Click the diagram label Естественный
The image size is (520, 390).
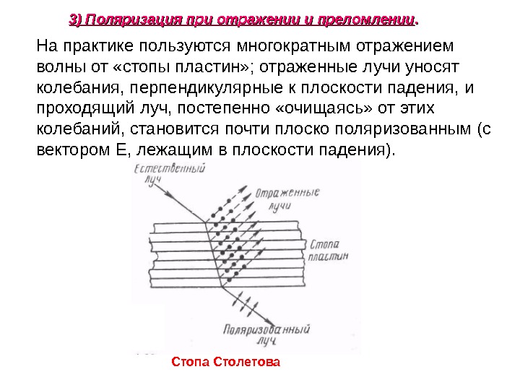[x=167, y=170]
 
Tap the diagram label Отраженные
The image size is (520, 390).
[x=286, y=194]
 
